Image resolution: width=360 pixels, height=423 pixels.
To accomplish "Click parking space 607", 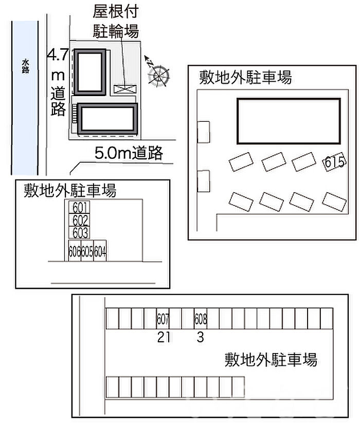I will [x=163, y=319].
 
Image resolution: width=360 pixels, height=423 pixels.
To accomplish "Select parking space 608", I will [x=201, y=319].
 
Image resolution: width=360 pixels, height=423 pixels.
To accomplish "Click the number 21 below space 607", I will [x=164, y=337].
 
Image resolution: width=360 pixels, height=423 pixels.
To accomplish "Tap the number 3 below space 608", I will [x=201, y=337].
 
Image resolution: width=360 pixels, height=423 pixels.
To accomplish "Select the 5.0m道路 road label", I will [x=129, y=153].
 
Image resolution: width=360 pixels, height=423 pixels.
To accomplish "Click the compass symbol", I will [x=158, y=75].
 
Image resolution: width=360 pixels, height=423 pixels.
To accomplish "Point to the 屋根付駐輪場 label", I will [x=115, y=21].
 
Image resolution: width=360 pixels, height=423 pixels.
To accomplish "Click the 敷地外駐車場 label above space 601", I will [x=70, y=191].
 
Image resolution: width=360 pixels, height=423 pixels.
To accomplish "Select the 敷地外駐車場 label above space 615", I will [x=246, y=78].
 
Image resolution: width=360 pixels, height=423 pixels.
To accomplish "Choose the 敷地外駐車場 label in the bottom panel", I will [x=271, y=359].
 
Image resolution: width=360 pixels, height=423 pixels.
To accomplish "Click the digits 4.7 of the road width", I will [x=57, y=54].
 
